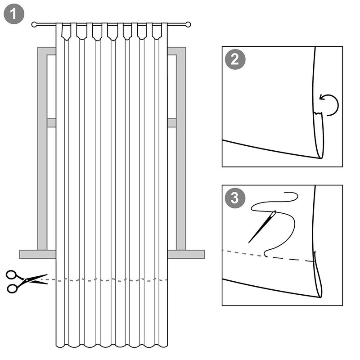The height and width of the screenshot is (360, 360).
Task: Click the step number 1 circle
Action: point(14,14)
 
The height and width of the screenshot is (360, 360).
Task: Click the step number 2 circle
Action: point(235,59)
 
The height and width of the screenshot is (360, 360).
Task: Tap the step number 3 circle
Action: point(235,198)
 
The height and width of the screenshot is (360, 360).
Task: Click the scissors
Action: point(27,281)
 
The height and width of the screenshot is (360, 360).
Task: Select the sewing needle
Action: point(262,227)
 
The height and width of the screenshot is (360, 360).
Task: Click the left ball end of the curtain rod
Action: point(34,24)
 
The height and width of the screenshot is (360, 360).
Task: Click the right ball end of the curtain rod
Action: point(188,24)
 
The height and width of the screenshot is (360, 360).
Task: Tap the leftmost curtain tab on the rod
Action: point(66,31)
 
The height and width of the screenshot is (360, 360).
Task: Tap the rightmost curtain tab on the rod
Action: point(157,31)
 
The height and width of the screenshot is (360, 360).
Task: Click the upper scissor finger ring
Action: point(11,274)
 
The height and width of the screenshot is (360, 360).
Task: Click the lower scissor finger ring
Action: point(13,288)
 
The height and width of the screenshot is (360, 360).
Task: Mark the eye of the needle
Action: point(274,214)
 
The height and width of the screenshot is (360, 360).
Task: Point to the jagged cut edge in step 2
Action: point(318,114)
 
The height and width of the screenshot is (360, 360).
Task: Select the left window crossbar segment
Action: point(51,123)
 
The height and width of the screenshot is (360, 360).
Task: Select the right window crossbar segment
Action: point(172,123)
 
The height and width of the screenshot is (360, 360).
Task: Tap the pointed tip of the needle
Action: point(249,243)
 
